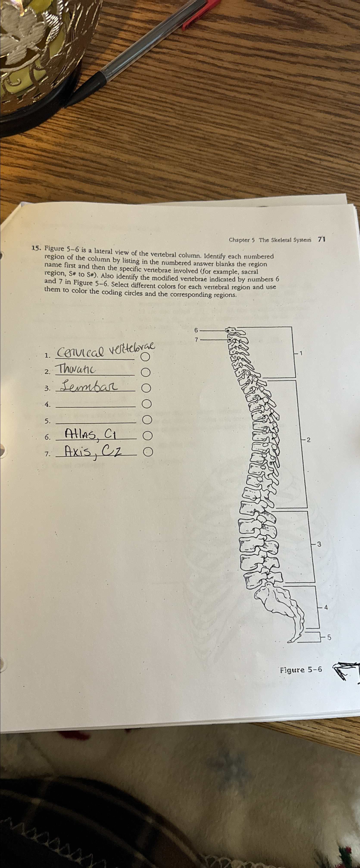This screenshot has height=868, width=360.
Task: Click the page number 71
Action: click(322, 239)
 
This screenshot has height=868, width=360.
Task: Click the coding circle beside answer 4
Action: click(147, 404)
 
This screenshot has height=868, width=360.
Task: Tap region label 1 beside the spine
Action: click(301, 353)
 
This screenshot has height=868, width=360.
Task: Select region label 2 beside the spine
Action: click(309, 440)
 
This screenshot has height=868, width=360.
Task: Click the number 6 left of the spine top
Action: click(196, 330)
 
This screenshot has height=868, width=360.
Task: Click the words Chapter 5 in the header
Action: click(239, 240)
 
